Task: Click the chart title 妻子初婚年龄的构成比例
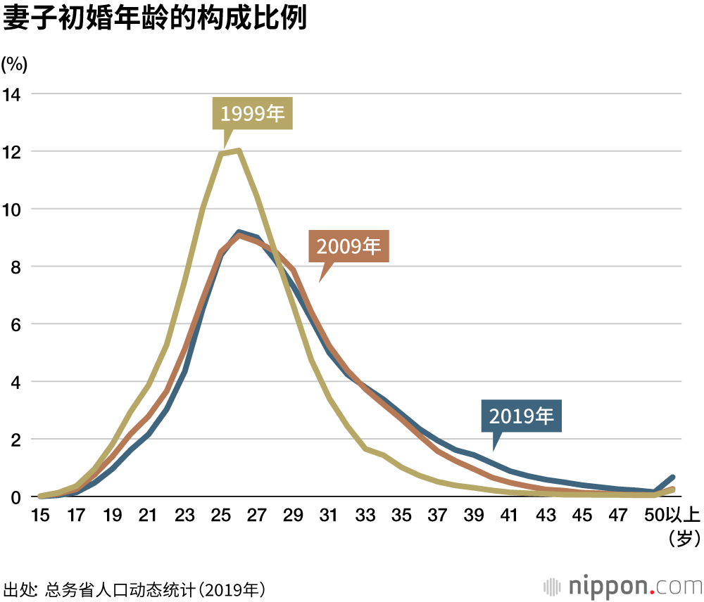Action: (155, 19)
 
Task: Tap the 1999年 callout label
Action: (253, 114)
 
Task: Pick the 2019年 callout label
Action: (522, 416)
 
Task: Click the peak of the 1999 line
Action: (239, 150)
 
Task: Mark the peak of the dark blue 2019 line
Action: (239, 232)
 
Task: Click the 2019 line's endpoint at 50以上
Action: (673, 478)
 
